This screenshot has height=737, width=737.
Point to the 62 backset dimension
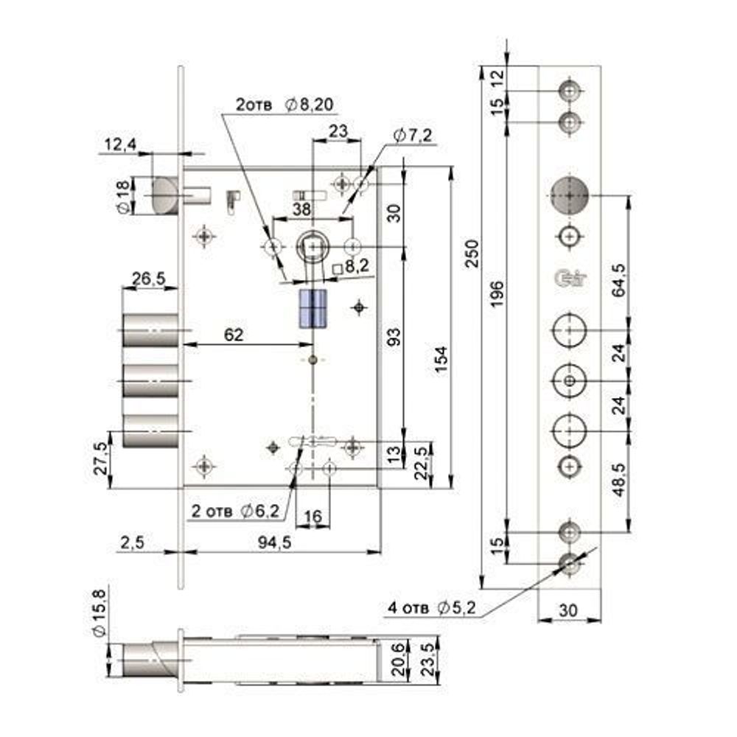[x=233, y=335]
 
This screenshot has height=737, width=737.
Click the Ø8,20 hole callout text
[x=308, y=105]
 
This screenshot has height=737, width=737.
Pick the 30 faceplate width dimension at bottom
[x=568, y=610]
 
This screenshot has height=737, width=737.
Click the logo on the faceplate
[x=568, y=279]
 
